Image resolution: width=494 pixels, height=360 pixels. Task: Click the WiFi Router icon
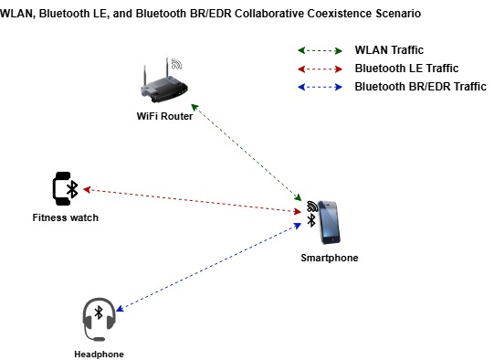coord(163,84)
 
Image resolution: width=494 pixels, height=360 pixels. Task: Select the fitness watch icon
coord(65,188)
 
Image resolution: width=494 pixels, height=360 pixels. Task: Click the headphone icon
coord(98,319)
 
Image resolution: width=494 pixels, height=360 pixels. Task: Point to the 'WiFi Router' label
coord(165,115)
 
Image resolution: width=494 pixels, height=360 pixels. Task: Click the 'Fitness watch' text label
coord(65,217)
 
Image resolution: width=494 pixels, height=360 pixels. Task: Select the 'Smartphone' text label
coord(330,258)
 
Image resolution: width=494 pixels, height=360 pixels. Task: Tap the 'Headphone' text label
coord(99,354)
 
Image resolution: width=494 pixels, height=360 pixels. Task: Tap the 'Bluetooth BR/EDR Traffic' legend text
coord(421,87)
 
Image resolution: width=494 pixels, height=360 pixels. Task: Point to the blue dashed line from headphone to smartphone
coord(210,265)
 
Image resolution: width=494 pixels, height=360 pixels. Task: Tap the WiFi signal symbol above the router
coord(176,65)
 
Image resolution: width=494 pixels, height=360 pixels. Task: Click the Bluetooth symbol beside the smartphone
coord(310,220)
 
